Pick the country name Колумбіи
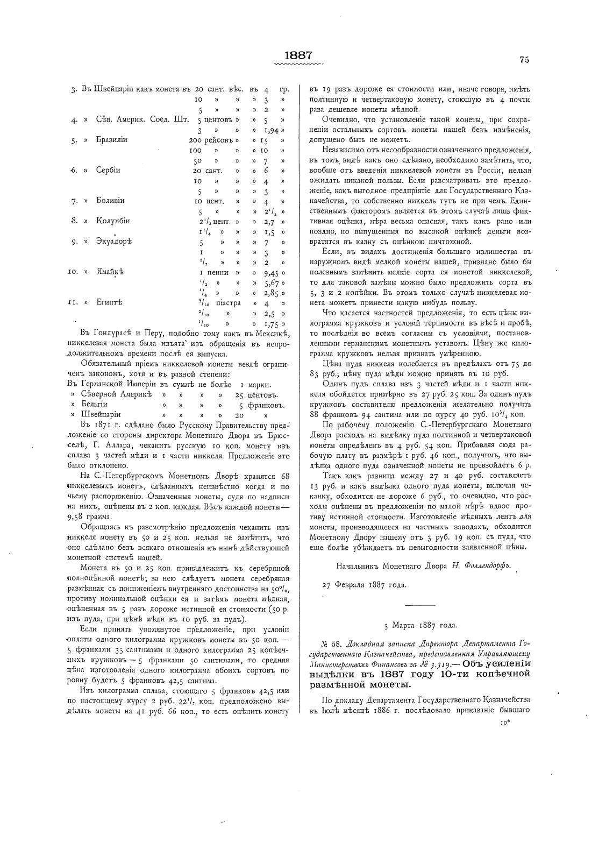(113, 221)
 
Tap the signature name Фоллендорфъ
(488, 566)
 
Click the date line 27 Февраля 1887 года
(364, 585)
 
